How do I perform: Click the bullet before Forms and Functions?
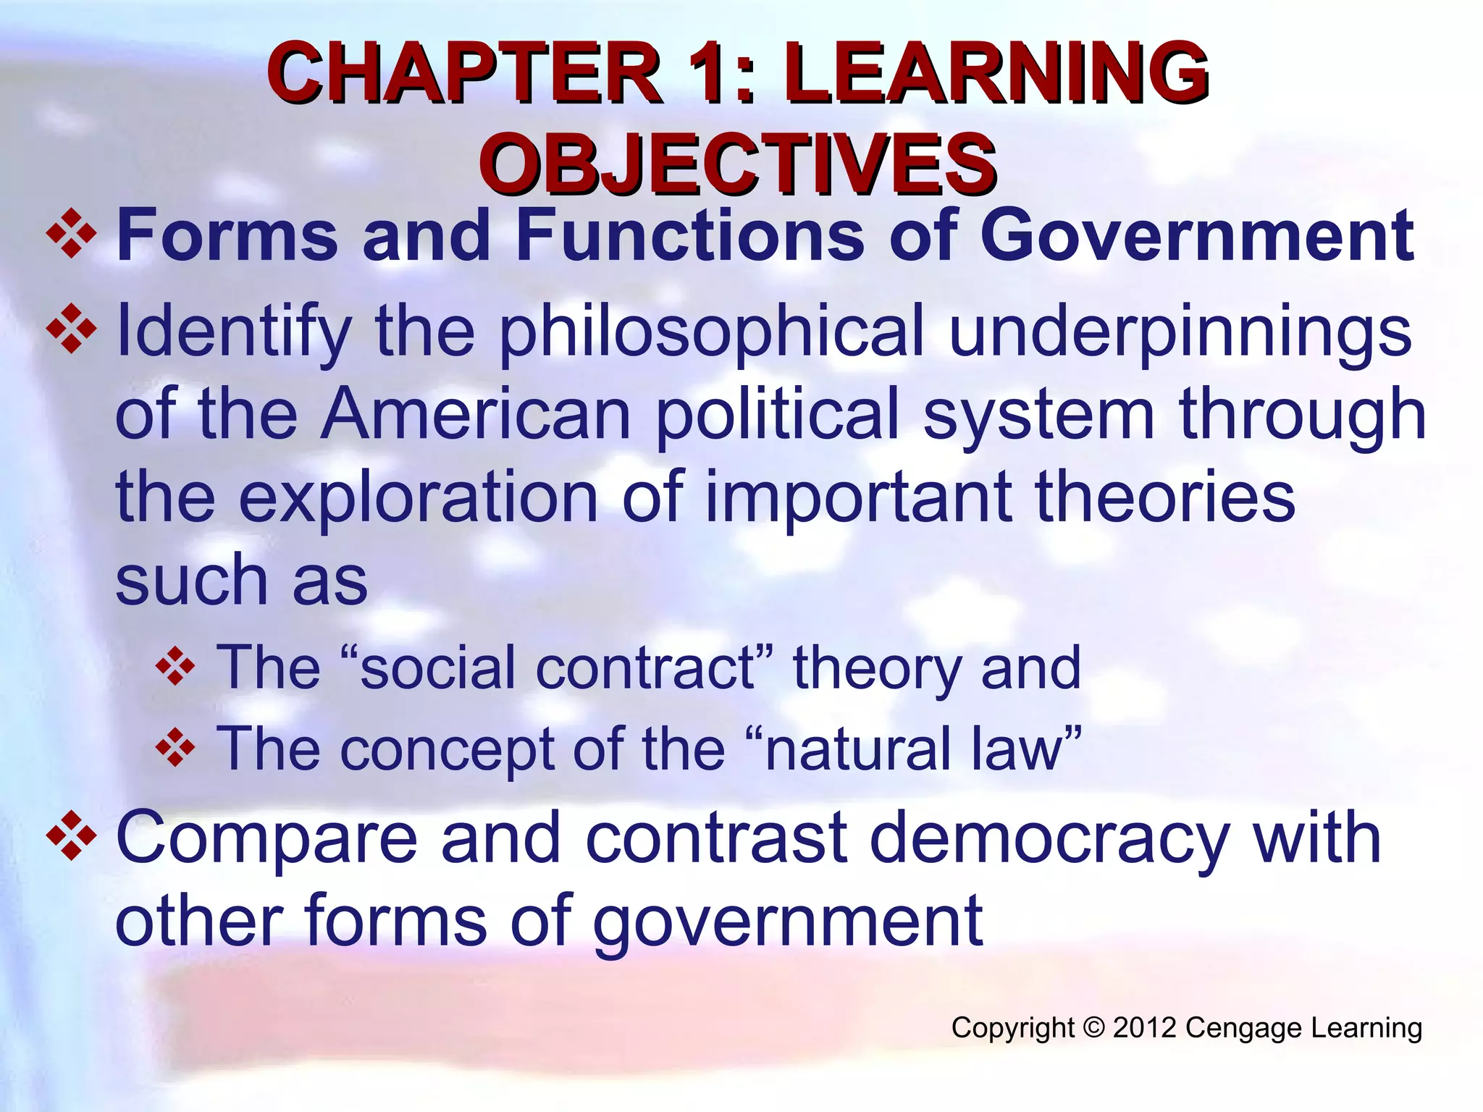pos(71,234)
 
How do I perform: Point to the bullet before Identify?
pos(71,329)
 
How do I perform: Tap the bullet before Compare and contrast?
pos(71,837)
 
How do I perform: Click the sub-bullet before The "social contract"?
pos(175,667)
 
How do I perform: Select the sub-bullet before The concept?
pos(175,749)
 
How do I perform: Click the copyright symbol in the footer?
pos(1093,1028)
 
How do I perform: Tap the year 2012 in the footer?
pos(1144,1028)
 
